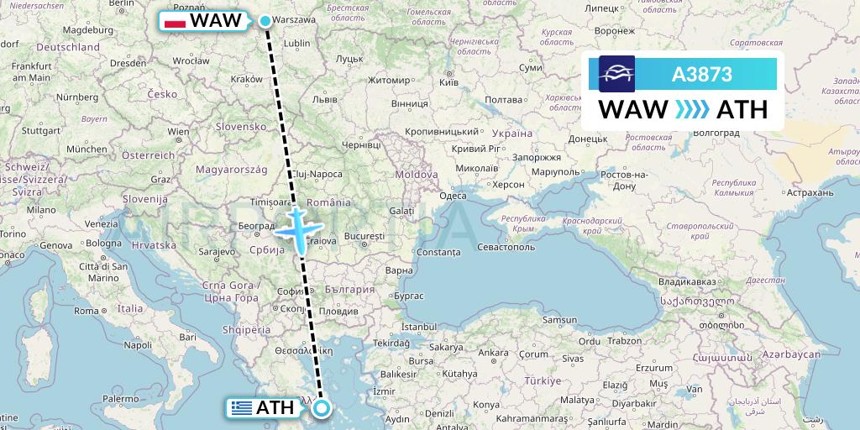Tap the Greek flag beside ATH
tap(243, 409)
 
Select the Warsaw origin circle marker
tap(265, 21)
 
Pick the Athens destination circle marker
tap(322, 409)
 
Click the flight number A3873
tap(702, 75)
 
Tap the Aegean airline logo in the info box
tap(616, 74)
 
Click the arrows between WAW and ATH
tap(691, 109)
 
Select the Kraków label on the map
tap(246, 79)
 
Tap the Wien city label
tap(177, 132)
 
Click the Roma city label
tap(86, 310)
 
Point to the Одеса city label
tap(453, 196)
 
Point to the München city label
tap(81, 149)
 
